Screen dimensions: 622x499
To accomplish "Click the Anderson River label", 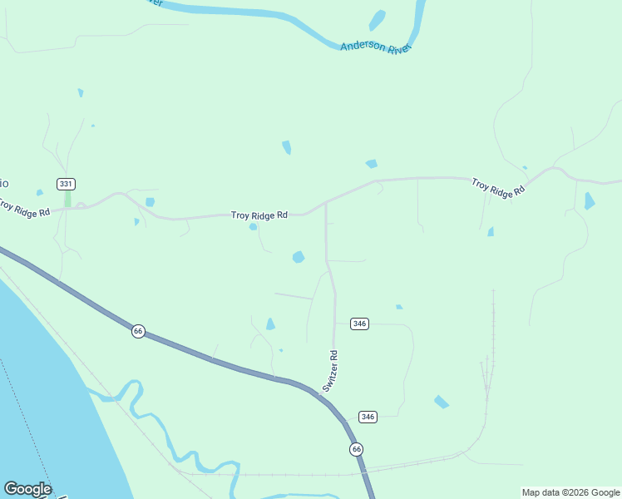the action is pyautogui.click(x=376, y=47).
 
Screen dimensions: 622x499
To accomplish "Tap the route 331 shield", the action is pyautogui.click(x=67, y=183).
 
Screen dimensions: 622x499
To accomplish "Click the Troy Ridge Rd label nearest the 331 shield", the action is pyautogui.click(x=23, y=209).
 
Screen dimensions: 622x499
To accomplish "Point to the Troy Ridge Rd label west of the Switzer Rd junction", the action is pyautogui.click(x=259, y=215).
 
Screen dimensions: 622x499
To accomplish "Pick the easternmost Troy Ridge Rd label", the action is pyautogui.click(x=498, y=187).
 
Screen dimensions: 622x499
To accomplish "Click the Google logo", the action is pyautogui.click(x=27, y=489).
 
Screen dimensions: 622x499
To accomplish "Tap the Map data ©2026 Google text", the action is pyautogui.click(x=571, y=492).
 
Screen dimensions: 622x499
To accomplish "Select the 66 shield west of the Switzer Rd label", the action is pyautogui.click(x=138, y=331).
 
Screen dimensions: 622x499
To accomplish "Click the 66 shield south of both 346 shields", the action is pyautogui.click(x=356, y=449).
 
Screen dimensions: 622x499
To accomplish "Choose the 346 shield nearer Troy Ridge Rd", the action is pyautogui.click(x=359, y=324).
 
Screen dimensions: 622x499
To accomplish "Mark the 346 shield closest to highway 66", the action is pyautogui.click(x=368, y=416).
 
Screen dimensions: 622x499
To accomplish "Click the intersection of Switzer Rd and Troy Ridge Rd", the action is pyautogui.click(x=325, y=203).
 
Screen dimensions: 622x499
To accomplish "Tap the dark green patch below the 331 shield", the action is pyautogui.click(x=68, y=200).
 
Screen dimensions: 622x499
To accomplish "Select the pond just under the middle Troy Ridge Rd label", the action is pyautogui.click(x=253, y=226).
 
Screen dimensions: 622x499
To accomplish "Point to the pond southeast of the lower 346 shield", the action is pyautogui.click(x=442, y=402).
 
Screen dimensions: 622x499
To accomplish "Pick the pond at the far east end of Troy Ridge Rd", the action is pyautogui.click(x=589, y=200).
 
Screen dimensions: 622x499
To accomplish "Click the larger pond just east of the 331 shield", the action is pyautogui.click(x=150, y=202).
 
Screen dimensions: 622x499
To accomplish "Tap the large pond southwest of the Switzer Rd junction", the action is pyautogui.click(x=299, y=257).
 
